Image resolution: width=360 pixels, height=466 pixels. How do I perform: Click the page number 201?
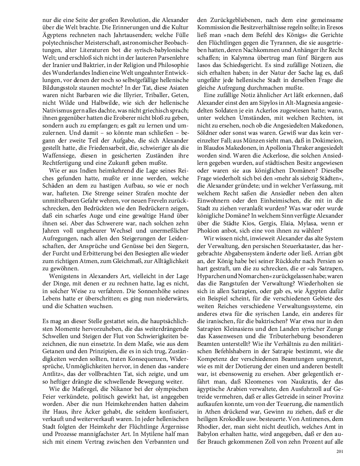(339, 451)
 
